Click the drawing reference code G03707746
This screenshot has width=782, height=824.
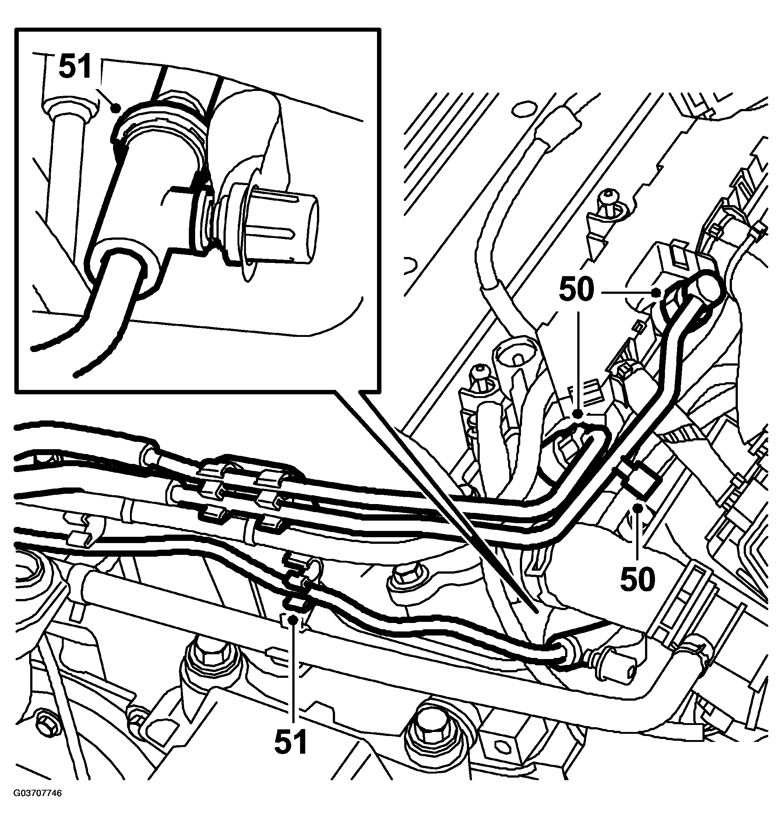point(38,805)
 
